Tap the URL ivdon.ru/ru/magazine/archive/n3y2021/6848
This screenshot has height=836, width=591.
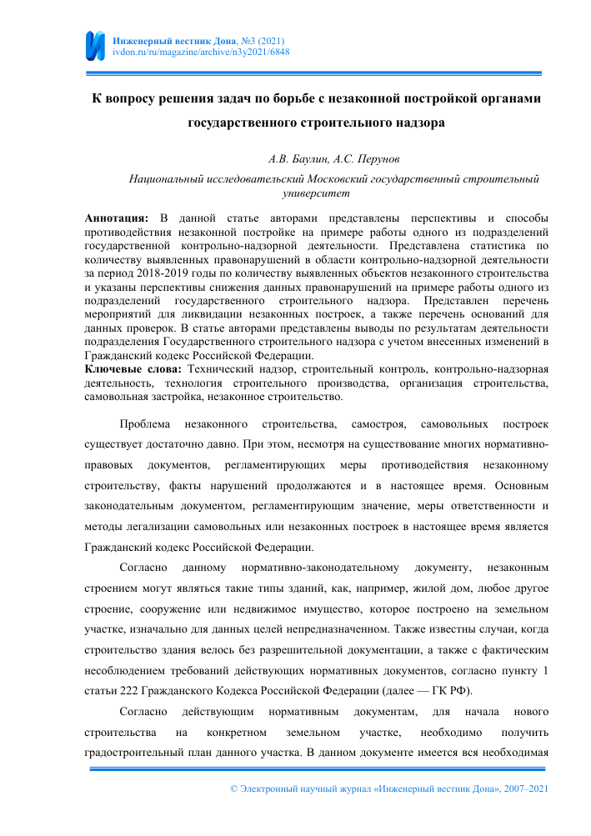tap(200, 52)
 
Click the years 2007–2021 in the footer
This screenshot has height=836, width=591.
tap(525, 788)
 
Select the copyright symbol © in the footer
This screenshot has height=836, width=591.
tap(233, 788)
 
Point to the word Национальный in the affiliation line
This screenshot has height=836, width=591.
tap(164, 178)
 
